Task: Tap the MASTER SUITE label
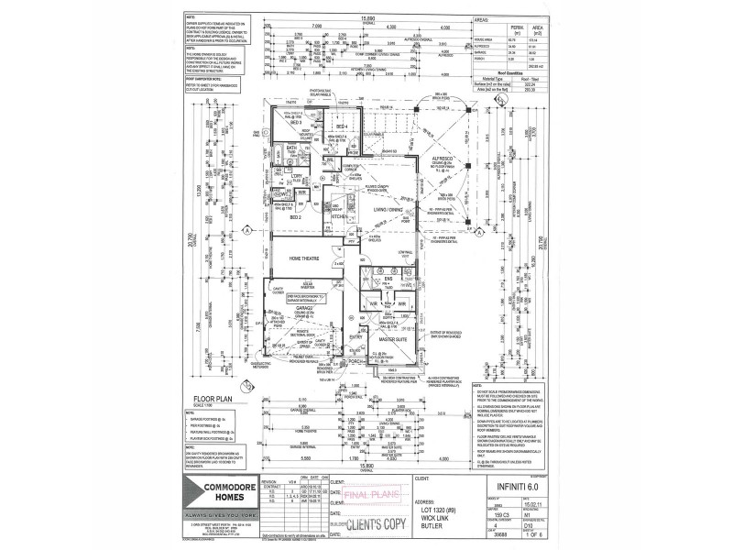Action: [394, 340]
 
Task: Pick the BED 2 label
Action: [295, 218]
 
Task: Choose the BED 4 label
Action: [341, 126]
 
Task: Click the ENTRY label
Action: [356, 337]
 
